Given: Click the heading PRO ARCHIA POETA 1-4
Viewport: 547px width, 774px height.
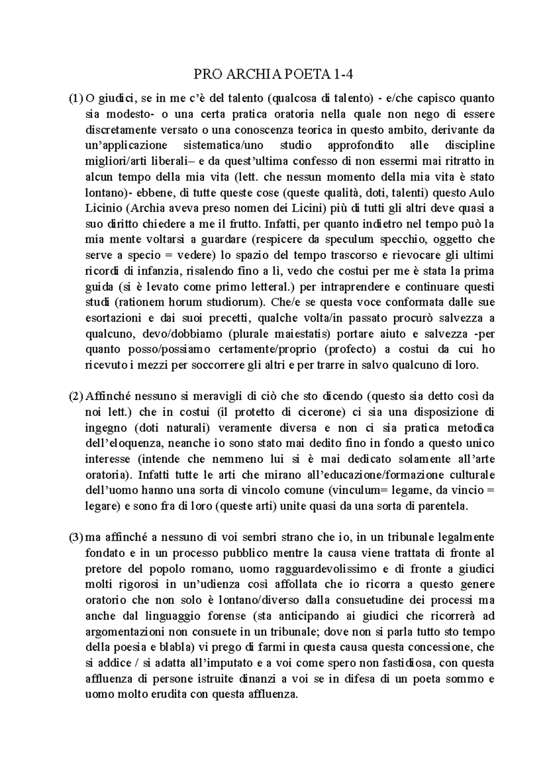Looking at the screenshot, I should click(273, 73).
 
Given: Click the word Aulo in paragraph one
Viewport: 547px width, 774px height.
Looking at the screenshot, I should click(482, 192).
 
